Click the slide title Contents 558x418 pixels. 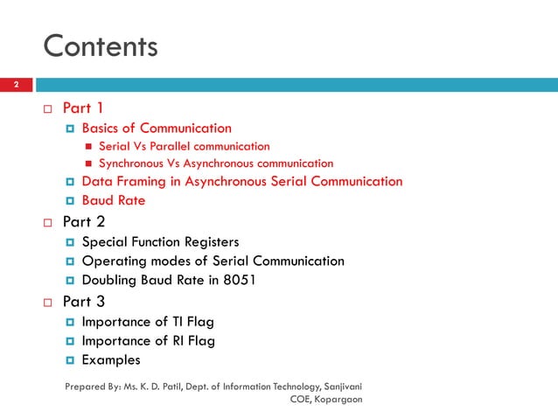click(101, 45)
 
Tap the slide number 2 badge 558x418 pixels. click(15, 86)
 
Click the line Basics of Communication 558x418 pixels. click(157, 129)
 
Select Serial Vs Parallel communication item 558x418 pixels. click(184, 146)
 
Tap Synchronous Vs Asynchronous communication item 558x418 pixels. click(215, 164)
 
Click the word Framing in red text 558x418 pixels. click(147, 182)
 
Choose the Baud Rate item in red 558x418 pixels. click(113, 200)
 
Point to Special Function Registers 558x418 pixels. click(159, 242)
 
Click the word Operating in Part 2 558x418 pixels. click(113, 261)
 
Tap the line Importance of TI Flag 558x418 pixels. click(147, 322)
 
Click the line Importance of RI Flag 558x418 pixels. click(148, 341)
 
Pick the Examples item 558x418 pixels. click(110, 359)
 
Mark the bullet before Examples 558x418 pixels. click(70, 360)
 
